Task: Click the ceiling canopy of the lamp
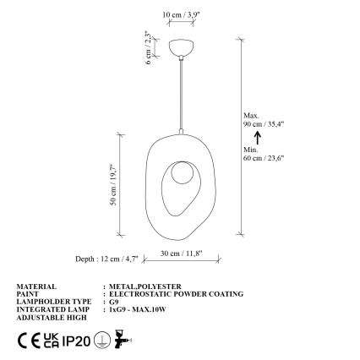click(x=181, y=47)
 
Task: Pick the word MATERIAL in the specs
click(x=36, y=286)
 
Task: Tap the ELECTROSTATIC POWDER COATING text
click(x=176, y=293)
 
